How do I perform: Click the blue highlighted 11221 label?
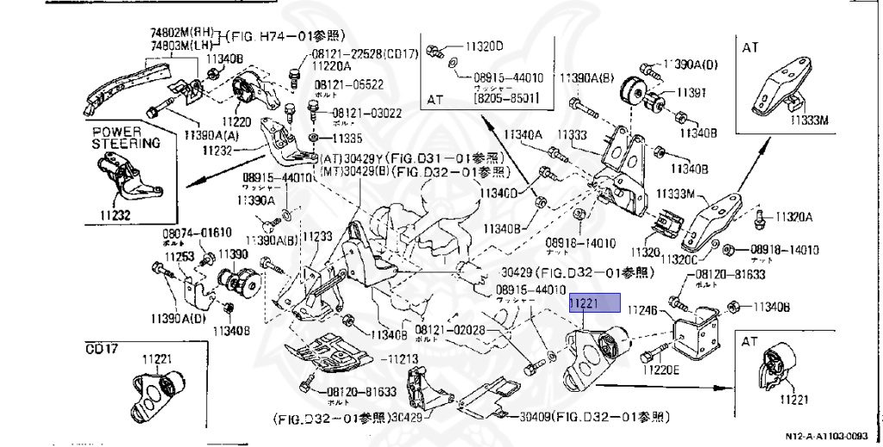(593, 302)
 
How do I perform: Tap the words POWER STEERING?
(126, 139)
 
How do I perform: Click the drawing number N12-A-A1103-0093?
(832, 437)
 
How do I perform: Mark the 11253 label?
(179, 256)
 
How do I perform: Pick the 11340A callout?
(523, 135)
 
